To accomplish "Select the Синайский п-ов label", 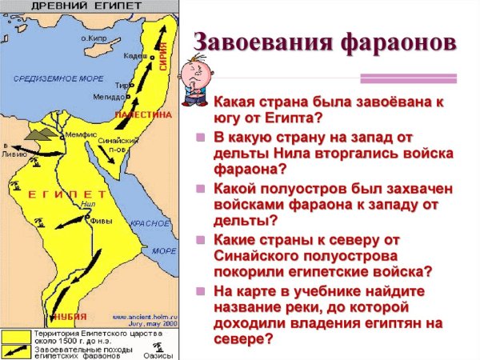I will point(114,145).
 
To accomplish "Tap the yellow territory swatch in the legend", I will point(15,333).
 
